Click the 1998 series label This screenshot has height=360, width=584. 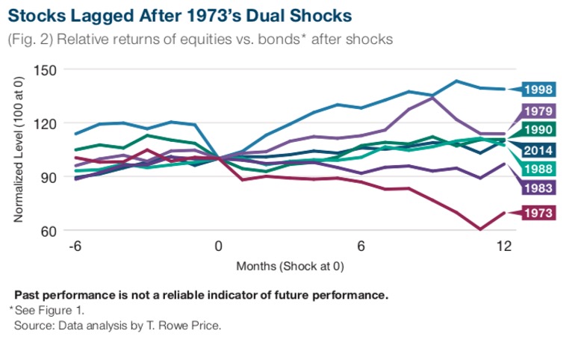coord(538,90)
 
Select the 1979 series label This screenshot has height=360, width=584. coord(538,111)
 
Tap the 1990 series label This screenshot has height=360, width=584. coord(538,131)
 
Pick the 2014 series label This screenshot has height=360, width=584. coord(538,149)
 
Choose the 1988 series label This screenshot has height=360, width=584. coord(538,169)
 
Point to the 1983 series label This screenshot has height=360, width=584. coord(538,187)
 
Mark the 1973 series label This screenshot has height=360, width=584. coord(538,213)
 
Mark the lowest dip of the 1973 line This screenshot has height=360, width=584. coord(480,229)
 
